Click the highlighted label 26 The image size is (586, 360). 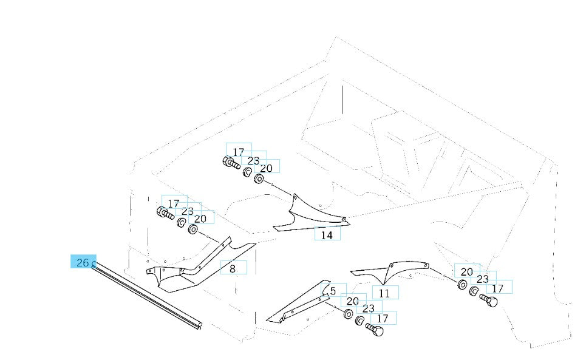(x=83, y=262)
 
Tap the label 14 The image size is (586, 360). (x=327, y=234)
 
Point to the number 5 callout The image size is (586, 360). (x=333, y=291)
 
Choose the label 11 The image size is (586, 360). (x=384, y=293)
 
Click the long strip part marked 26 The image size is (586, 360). (x=146, y=295)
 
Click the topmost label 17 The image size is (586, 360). (x=238, y=152)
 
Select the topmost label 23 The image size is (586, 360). (x=253, y=160)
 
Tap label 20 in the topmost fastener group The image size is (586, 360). (x=267, y=168)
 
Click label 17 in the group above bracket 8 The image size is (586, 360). (x=174, y=203)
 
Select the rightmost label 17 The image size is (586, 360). (x=498, y=288)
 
